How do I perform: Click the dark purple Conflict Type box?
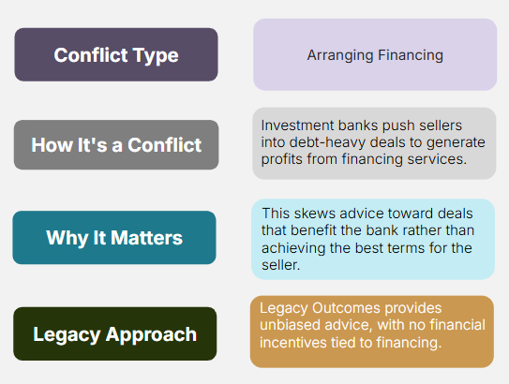click(116, 54)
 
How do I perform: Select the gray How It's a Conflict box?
click(116, 144)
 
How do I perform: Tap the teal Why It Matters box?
click(114, 237)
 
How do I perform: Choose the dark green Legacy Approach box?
click(115, 333)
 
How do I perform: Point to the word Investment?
click(297, 126)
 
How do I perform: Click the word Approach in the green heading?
click(151, 335)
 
